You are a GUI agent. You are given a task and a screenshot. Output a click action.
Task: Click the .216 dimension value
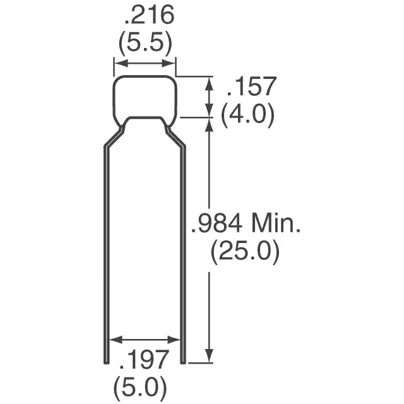[150, 15]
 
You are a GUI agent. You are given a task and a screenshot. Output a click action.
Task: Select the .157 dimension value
[252, 86]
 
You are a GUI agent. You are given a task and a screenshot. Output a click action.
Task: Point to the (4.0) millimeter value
[247, 114]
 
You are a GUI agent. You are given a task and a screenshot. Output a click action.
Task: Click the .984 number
[217, 223]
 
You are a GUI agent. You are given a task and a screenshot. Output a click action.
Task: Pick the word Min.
[276, 223]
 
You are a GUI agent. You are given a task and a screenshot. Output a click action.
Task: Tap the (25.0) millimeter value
[245, 251]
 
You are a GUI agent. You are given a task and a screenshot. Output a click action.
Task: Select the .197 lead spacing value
[144, 359]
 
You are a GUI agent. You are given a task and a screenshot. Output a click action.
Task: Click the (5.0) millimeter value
[140, 387]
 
